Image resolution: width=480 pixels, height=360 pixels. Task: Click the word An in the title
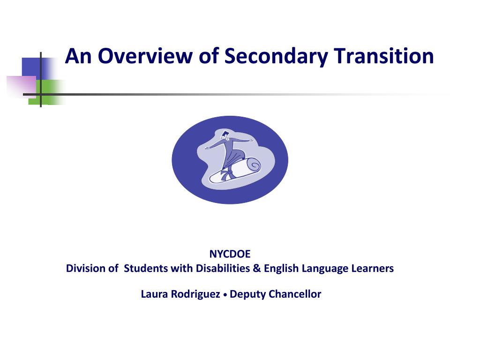pos(76,57)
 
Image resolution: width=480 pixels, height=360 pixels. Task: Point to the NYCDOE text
pos(230,254)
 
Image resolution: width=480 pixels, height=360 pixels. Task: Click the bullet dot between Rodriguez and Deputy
pos(225,295)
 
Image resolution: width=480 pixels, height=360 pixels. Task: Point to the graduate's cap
pos(225,135)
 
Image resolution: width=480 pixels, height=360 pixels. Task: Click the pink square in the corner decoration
pos(21,86)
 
